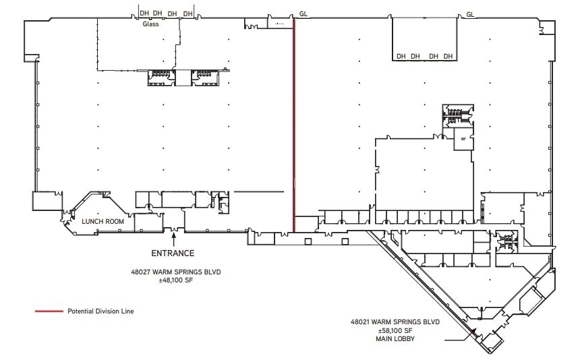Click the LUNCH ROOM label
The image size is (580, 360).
[102, 221]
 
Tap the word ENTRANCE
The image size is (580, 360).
[173, 253]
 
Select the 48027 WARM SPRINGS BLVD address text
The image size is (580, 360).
[176, 272]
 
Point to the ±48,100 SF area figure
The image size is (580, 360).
[176, 281]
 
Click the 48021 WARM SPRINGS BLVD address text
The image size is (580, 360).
[395, 322]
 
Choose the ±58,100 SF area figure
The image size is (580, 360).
[395, 331]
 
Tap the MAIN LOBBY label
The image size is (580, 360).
[395, 339]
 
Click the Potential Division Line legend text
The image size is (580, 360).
[100, 311]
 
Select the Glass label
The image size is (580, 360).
[150, 24]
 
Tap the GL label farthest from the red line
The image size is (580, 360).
[470, 13]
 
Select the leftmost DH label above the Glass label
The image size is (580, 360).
[144, 13]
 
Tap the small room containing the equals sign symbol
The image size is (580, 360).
[463, 138]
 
